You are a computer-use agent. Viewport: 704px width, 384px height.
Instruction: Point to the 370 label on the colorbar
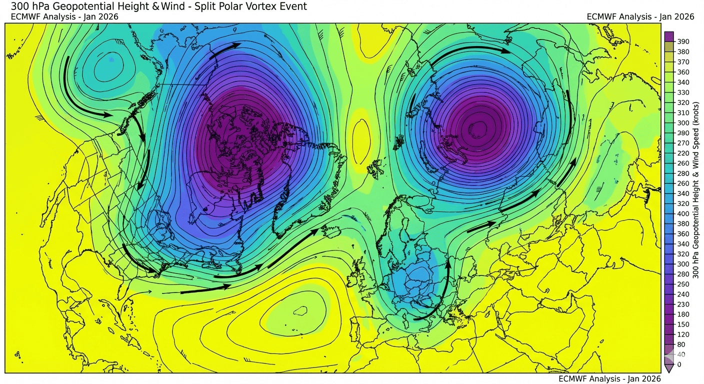[683, 62]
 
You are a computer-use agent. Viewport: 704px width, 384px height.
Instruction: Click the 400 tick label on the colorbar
[683, 213]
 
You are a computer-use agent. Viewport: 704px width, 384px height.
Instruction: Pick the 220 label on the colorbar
[683, 153]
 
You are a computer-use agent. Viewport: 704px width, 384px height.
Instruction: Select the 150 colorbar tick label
[683, 324]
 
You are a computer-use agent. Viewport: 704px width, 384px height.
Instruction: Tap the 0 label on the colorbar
[678, 364]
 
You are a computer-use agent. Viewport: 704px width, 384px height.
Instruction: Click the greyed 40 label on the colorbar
[681, 354]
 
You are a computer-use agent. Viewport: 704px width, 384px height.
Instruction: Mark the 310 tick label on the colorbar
[683, 112]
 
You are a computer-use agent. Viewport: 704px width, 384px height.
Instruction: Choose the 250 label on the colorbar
[683, 284]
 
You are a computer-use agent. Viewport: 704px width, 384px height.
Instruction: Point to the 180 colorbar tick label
[683, 314]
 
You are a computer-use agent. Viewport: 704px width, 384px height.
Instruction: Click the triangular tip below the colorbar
[668, 368]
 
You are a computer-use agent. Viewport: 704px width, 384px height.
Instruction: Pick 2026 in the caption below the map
[651, 379]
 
